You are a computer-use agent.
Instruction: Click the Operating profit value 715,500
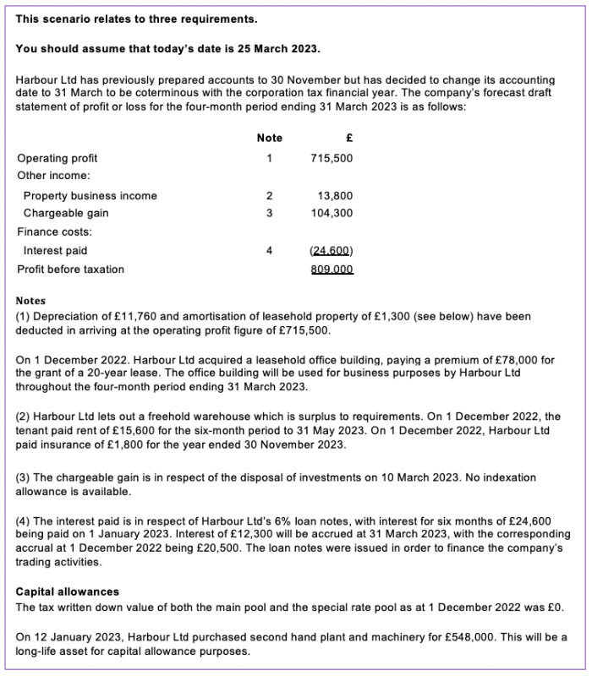click(x=332, y=158)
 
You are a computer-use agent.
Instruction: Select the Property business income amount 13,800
click(x=335, y=196)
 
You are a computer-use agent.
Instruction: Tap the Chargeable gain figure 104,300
click(x=332, y=214)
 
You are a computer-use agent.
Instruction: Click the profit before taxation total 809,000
click(x=332, y=270)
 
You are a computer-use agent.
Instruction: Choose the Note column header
click(x=269, y=138)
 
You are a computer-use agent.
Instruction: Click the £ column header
click(x=348, y=138)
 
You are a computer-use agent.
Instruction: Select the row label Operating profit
click(x=58, y=158)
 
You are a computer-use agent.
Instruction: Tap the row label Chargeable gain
click(x=65, y=214)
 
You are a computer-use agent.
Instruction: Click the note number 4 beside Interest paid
click(x=269, y=251)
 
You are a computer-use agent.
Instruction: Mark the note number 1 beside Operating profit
click(x=269, y=158)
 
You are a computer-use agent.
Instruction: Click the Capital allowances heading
click(x=68, y=591)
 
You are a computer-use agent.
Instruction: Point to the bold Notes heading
click(x=31, y=301)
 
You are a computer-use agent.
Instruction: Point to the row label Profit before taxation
click(x=71, y=270)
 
